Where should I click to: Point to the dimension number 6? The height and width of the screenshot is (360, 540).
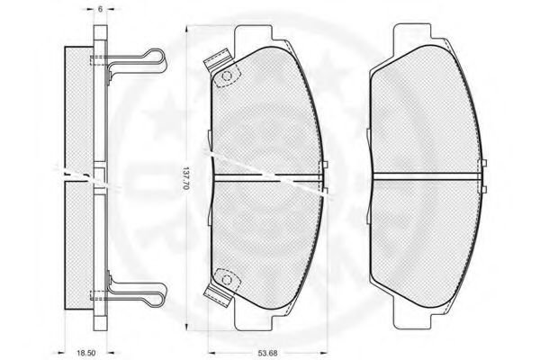(100, 9)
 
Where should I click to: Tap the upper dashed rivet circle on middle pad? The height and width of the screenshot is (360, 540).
(227, 76)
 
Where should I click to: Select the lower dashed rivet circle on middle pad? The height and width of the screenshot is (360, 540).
(227, 279)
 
